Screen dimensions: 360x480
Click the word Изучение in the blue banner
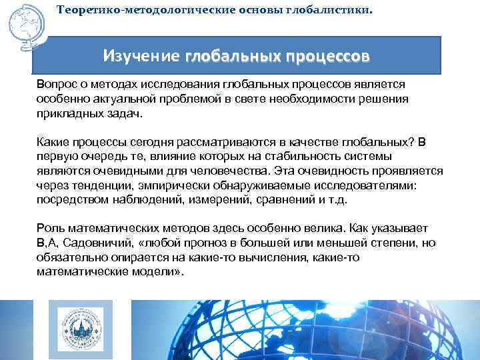click(x=141, y=57)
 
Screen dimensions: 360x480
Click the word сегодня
click(x=164, y=142)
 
